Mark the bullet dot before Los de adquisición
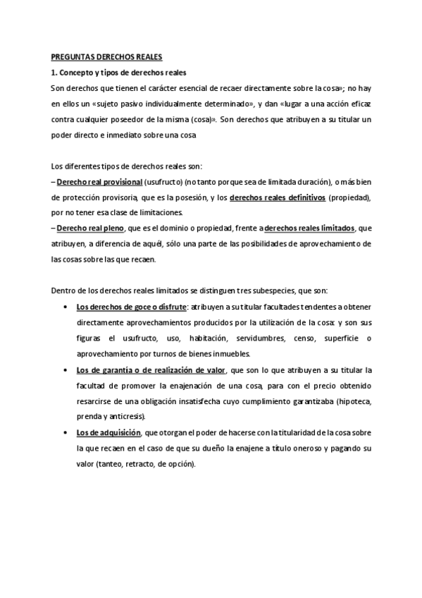[x=66, y=432]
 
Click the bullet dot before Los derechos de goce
[x=66, y=307]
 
